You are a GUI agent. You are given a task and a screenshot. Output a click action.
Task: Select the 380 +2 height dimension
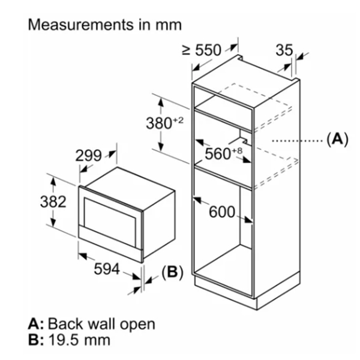pyautogui.click(x=163, y=123)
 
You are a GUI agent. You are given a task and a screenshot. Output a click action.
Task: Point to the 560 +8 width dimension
pyautogui.click(x=223, y=154)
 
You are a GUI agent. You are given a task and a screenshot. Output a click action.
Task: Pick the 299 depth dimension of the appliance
pyautogui.click(x=88, y=155)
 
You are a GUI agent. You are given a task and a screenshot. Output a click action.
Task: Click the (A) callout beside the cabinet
pyautogui.click(x=337, y=140)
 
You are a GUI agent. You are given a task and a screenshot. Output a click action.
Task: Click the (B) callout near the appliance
pyautogui.click(x=172, y=272)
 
